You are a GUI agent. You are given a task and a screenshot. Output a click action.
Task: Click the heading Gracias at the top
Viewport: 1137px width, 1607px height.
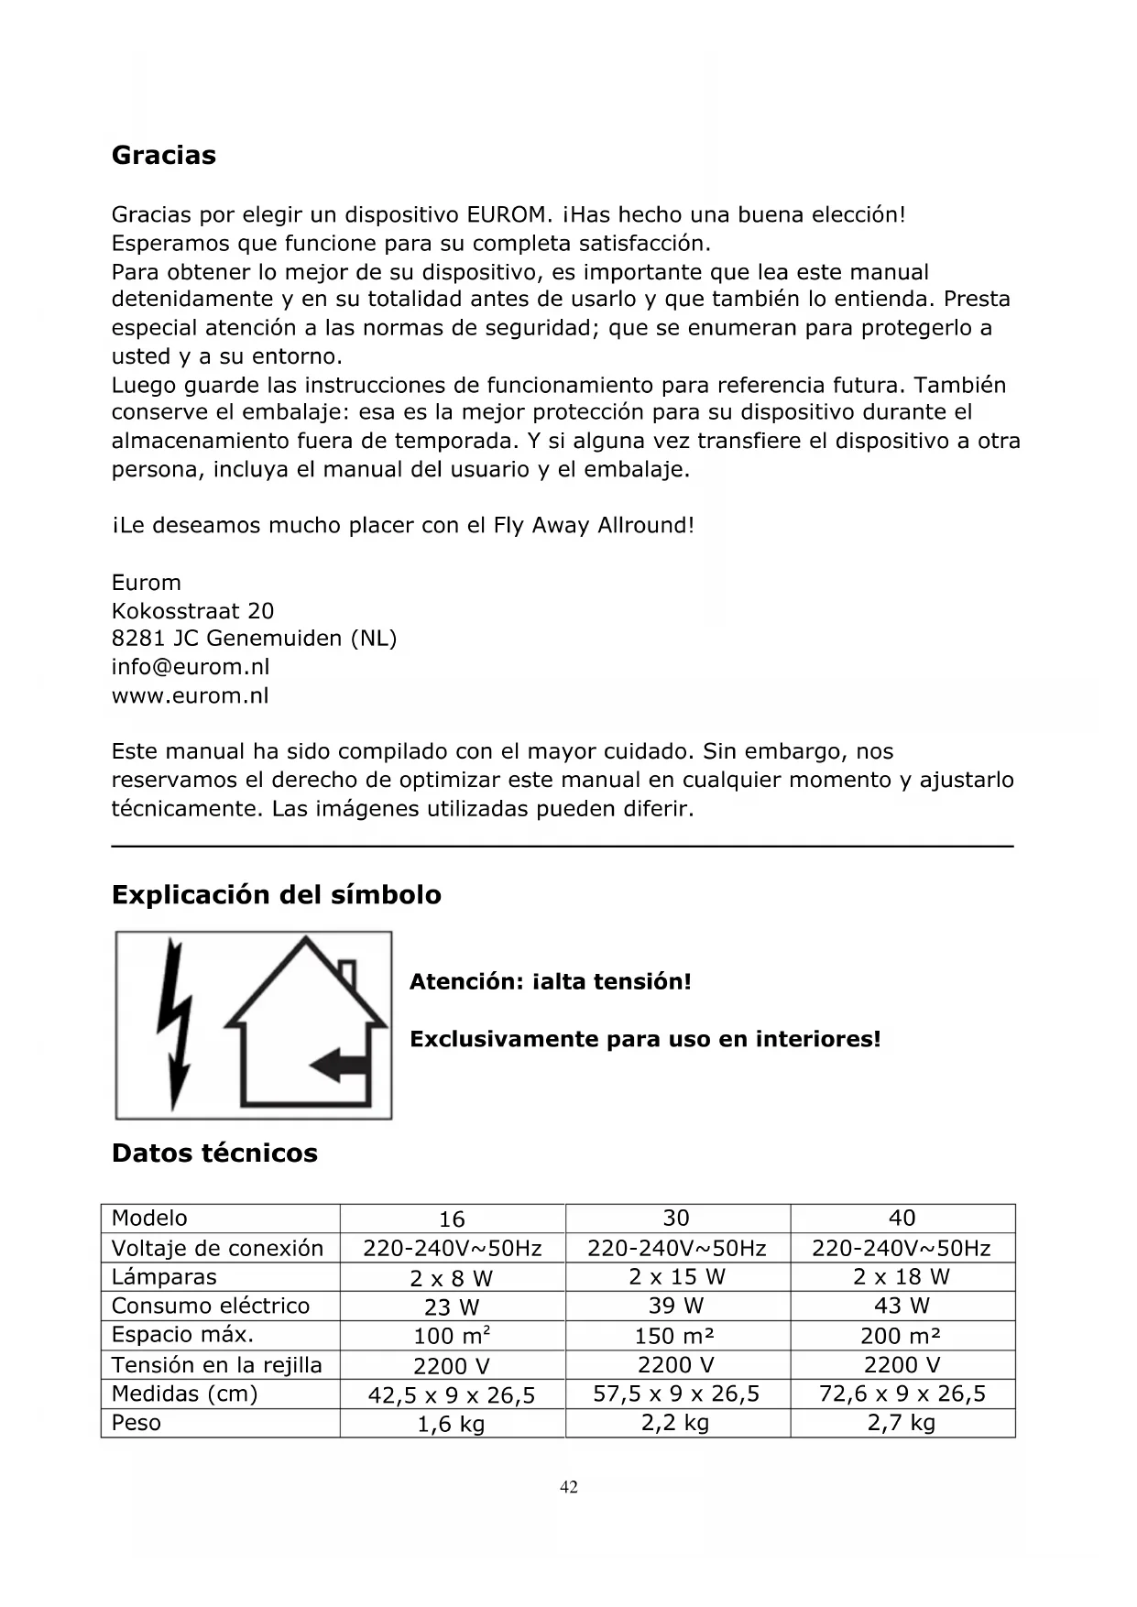click(x=164, y=155)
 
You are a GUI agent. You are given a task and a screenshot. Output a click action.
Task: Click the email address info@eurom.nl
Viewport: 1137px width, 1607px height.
click(x=191, y=667)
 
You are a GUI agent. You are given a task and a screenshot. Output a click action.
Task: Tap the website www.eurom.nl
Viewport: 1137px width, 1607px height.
click(x=191, y=695)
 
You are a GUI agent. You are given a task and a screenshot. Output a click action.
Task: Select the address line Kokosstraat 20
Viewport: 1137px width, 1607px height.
click(x=192, y=610)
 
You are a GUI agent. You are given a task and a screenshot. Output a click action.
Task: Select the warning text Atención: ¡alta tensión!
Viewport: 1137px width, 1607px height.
click(x=550, y=982)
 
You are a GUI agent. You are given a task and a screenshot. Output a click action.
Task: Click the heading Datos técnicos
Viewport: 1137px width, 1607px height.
click(x=214, y=1153)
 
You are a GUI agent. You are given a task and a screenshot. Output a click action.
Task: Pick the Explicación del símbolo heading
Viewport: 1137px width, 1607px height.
click(x=276, y=894)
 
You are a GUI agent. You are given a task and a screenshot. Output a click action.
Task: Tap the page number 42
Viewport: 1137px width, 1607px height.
click(x=569, y=1486)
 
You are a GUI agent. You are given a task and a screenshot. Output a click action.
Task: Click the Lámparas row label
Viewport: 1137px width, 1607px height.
click(x=164, y=1277)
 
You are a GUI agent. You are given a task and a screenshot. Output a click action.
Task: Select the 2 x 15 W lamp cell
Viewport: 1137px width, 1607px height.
click(x=677, y=1277)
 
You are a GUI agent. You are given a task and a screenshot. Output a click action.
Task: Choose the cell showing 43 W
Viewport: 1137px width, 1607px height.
click(x=902, y=1306)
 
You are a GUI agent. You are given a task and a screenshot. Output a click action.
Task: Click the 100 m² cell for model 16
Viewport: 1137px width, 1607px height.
click(x=452, y=1336)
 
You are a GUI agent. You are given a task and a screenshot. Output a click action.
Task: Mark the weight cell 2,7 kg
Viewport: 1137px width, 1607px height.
click(x=902, y=1423)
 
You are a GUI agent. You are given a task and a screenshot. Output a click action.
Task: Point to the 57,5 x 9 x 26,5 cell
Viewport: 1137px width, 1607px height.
click(x=676, y=1394)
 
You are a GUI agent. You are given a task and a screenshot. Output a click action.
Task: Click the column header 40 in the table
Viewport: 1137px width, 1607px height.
click(x=902, y=1219)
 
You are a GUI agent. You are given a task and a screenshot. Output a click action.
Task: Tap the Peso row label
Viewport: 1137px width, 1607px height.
click(x=137, y=1423)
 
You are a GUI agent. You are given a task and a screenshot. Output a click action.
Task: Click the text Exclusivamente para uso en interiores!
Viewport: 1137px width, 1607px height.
click(x=645, y=1039)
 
